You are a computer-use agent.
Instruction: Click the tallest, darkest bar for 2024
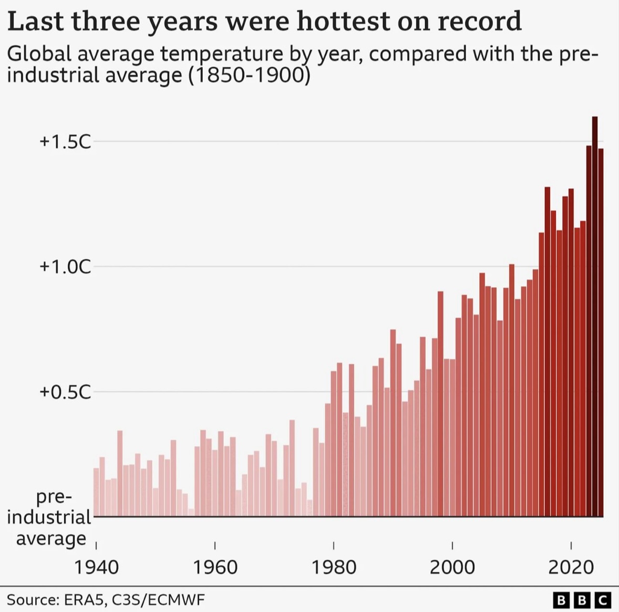click(x=594, y=315)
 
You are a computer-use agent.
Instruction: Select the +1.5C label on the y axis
click(x=65, y=141)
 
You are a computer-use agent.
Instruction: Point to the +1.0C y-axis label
click(x=65, y=267)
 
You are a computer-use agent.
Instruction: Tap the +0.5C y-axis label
click(x=65, y=392)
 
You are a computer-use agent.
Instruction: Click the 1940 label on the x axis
click(x=96, y=567)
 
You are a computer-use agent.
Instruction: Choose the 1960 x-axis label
click(x=215, y=567)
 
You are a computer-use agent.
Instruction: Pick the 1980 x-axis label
click(x=334, y=567)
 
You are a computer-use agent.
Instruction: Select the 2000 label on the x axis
click(x=452, y=567)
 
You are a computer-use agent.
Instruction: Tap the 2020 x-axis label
click(x=571, y=567)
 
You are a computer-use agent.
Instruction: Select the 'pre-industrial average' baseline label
click(x=50, y=517)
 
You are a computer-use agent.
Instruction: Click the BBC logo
click(x=582, y=599)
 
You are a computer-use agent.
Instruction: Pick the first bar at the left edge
click(x=96, y=492)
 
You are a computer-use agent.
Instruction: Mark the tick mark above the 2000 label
click(x=452, y=545)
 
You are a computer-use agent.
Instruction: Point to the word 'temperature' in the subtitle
click(x=221, y=54)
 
